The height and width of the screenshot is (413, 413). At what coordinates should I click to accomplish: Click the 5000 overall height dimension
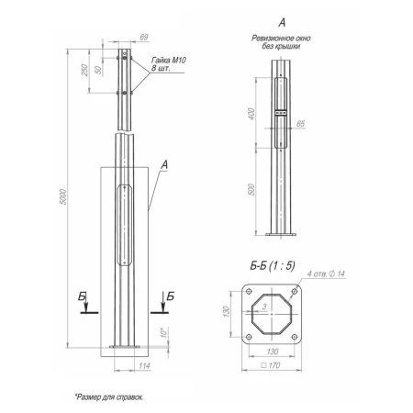62,197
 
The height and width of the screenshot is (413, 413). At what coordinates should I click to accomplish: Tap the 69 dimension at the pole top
144,38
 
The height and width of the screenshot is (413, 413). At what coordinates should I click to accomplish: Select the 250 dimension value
84,70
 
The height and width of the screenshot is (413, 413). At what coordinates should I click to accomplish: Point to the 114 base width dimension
144,366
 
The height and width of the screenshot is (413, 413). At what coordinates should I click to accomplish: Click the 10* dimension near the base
164,332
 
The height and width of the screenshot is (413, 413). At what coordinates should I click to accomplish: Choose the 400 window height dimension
251,114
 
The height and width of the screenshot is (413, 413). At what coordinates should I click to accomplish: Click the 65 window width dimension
300,124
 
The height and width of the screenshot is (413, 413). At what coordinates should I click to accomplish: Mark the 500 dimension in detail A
251,189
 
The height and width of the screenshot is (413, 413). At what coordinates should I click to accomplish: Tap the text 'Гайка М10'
169,60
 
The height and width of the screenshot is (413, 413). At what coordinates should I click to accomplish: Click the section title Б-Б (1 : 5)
273,266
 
